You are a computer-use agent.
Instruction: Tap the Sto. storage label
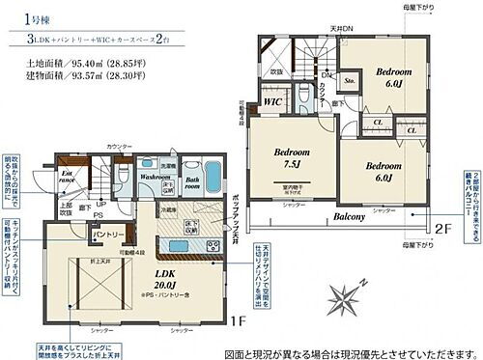[351, 82]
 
